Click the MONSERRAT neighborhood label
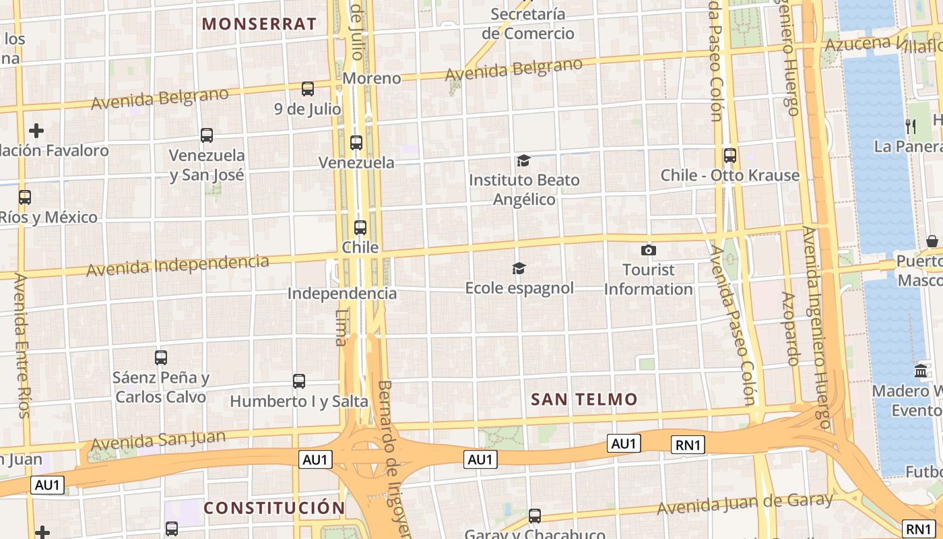(x=259, y=24)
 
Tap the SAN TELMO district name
(x=584, y=400)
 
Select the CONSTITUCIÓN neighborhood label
(x=274, y=508)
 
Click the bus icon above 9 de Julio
(x=308, y=88)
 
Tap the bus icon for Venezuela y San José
(x=207, y=135)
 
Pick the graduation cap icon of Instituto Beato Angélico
(x=523, y=160)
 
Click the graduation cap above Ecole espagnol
(x=519, y=269)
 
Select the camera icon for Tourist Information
(x=648, y=251)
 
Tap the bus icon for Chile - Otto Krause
(x=729, y=156)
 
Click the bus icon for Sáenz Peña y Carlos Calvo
(x=161, y=358)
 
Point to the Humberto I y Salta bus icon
(x=299, y=381)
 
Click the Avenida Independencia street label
(x=178, y=265)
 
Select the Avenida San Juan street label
(x=158, y=440)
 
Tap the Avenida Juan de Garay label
(x=745, y=503)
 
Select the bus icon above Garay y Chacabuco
(x=535, y=516)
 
